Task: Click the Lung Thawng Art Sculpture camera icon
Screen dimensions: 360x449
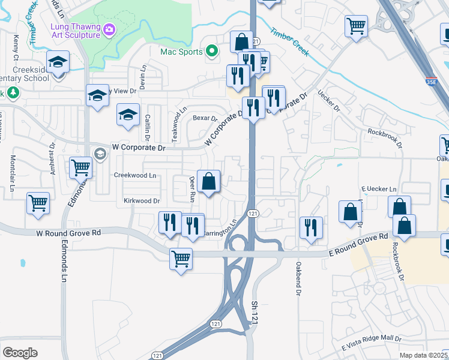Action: pos(109,29)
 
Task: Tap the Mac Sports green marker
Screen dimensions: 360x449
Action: pos(211,52)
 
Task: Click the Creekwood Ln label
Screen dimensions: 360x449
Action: pos(135,175)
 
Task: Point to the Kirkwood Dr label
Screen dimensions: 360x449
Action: pos(142,201)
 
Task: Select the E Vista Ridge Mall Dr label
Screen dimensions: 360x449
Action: pos(372,343)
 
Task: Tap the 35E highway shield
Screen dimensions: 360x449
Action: pos(429,80)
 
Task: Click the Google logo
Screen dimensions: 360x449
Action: pos(20,353)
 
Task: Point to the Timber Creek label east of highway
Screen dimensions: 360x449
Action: pos(289,42)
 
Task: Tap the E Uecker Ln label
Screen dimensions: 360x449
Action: pos(379,189)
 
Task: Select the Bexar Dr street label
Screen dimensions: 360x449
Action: pos(205,118)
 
